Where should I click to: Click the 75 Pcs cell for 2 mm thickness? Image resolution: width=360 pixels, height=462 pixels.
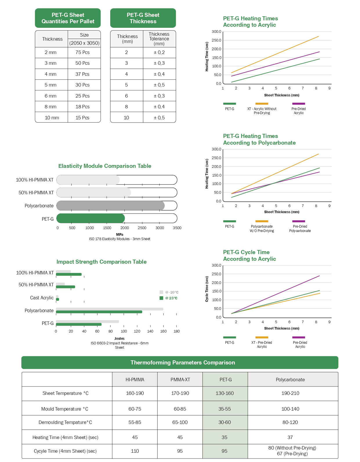click(82, 53)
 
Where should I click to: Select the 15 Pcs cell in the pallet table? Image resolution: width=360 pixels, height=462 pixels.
click(82, 118)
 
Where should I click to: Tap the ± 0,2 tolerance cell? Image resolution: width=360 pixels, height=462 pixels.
click(159, 53)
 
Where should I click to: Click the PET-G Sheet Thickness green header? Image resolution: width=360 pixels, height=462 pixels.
click(143, 18)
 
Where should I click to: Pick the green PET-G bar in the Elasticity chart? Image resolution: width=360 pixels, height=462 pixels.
click(91, 218)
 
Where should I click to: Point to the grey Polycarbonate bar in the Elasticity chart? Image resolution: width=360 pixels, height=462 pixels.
click(110, 206)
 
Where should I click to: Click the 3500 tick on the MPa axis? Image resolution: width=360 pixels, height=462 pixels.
click(177, 228)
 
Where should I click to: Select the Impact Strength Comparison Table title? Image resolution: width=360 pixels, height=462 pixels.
click(102, 262)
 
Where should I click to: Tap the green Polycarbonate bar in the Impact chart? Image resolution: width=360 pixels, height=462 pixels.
click(99, 312)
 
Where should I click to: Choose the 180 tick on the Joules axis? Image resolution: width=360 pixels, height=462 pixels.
click(176, 331)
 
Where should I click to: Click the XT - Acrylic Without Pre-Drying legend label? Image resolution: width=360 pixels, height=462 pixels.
click(262, 111)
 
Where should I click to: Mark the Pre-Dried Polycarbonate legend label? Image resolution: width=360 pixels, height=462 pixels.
click(300, 229)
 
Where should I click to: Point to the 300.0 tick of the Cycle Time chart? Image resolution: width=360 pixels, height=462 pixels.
click(216, 265)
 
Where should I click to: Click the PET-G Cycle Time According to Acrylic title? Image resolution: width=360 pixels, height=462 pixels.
click(249, 256)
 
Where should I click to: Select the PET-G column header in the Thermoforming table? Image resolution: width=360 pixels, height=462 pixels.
click(225, 380)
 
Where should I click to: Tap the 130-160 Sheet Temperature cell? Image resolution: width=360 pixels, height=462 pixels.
click(225, 393)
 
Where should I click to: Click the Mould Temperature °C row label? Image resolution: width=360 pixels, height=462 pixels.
click(65, 409)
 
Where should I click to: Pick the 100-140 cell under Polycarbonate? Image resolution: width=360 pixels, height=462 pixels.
click(290, 409)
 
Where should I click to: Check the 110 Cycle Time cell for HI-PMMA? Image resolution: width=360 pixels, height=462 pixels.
click(135, 451)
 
